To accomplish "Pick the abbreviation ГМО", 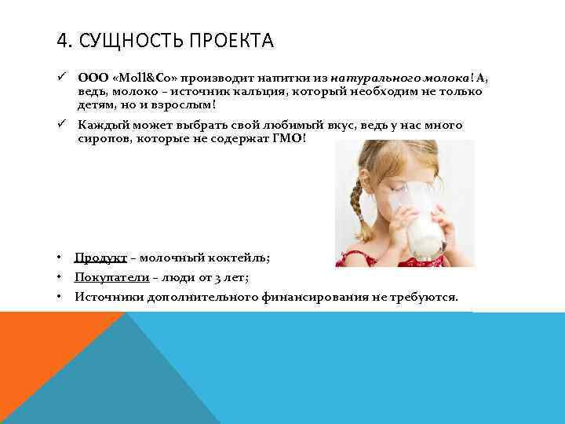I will coord(291,137).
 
